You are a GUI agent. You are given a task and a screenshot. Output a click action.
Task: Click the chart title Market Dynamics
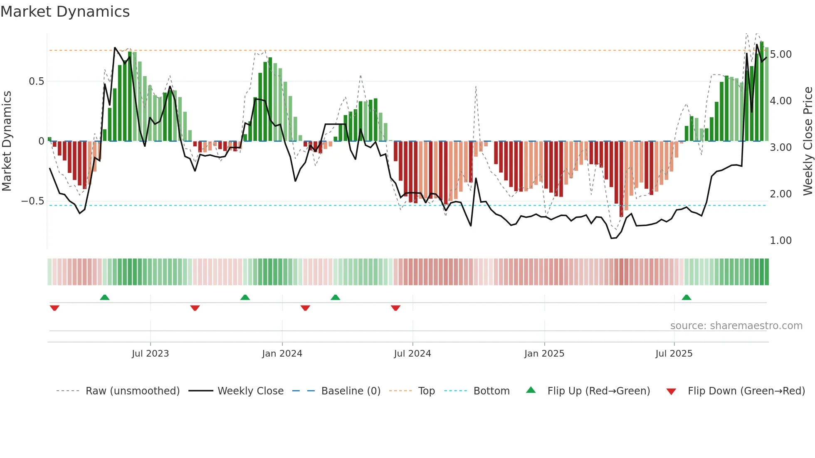pos(65,12)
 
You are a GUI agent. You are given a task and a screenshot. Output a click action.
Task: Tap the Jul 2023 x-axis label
pos(150,354)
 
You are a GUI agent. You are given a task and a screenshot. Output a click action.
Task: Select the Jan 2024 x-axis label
pos(282,354)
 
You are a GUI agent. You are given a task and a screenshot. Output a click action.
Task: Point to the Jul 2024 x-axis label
pos(412,354)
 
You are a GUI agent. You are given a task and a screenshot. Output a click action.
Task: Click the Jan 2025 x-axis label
pos(544,354)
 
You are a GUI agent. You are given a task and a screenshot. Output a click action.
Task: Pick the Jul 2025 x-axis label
pos(674,354)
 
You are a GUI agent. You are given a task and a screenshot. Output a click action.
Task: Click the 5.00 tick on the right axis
pos(780,54)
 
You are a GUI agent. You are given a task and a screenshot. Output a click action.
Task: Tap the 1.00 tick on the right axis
pos(780,241)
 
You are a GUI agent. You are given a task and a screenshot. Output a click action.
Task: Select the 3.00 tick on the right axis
pos(780,148)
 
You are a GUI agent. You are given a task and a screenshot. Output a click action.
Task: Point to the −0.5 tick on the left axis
pos(32,201)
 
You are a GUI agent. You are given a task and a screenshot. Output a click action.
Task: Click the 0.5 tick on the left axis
pos(36,81)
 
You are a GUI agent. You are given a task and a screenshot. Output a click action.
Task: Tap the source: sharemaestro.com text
pos(736,326)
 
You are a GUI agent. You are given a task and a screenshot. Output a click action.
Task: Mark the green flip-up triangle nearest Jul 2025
pos(686,298)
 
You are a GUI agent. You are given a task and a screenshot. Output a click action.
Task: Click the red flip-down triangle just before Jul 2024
pos(395,308)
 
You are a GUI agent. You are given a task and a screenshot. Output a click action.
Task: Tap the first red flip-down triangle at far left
pos(54,308)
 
